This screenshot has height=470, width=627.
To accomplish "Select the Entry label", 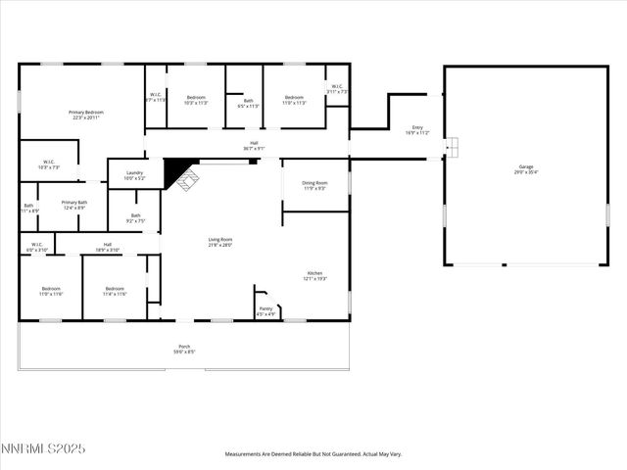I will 417,129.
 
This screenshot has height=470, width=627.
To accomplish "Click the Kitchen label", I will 314,275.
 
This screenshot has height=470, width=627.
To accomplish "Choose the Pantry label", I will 265,310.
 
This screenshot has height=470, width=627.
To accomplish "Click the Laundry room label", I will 134,174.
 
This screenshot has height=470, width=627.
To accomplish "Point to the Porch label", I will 185,349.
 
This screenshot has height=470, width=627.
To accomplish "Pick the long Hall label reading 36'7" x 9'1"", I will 253,146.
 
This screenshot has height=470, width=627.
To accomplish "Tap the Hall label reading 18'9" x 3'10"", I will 108,247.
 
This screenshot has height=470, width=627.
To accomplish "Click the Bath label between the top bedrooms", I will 249,102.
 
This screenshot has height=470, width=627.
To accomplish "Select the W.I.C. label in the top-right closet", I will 336,88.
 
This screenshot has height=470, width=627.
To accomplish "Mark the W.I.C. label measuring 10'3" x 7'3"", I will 49,164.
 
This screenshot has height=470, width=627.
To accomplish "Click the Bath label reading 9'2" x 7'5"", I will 135,218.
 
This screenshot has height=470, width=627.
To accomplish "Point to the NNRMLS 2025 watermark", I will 43,448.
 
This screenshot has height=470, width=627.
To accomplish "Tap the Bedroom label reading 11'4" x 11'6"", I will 115,291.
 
